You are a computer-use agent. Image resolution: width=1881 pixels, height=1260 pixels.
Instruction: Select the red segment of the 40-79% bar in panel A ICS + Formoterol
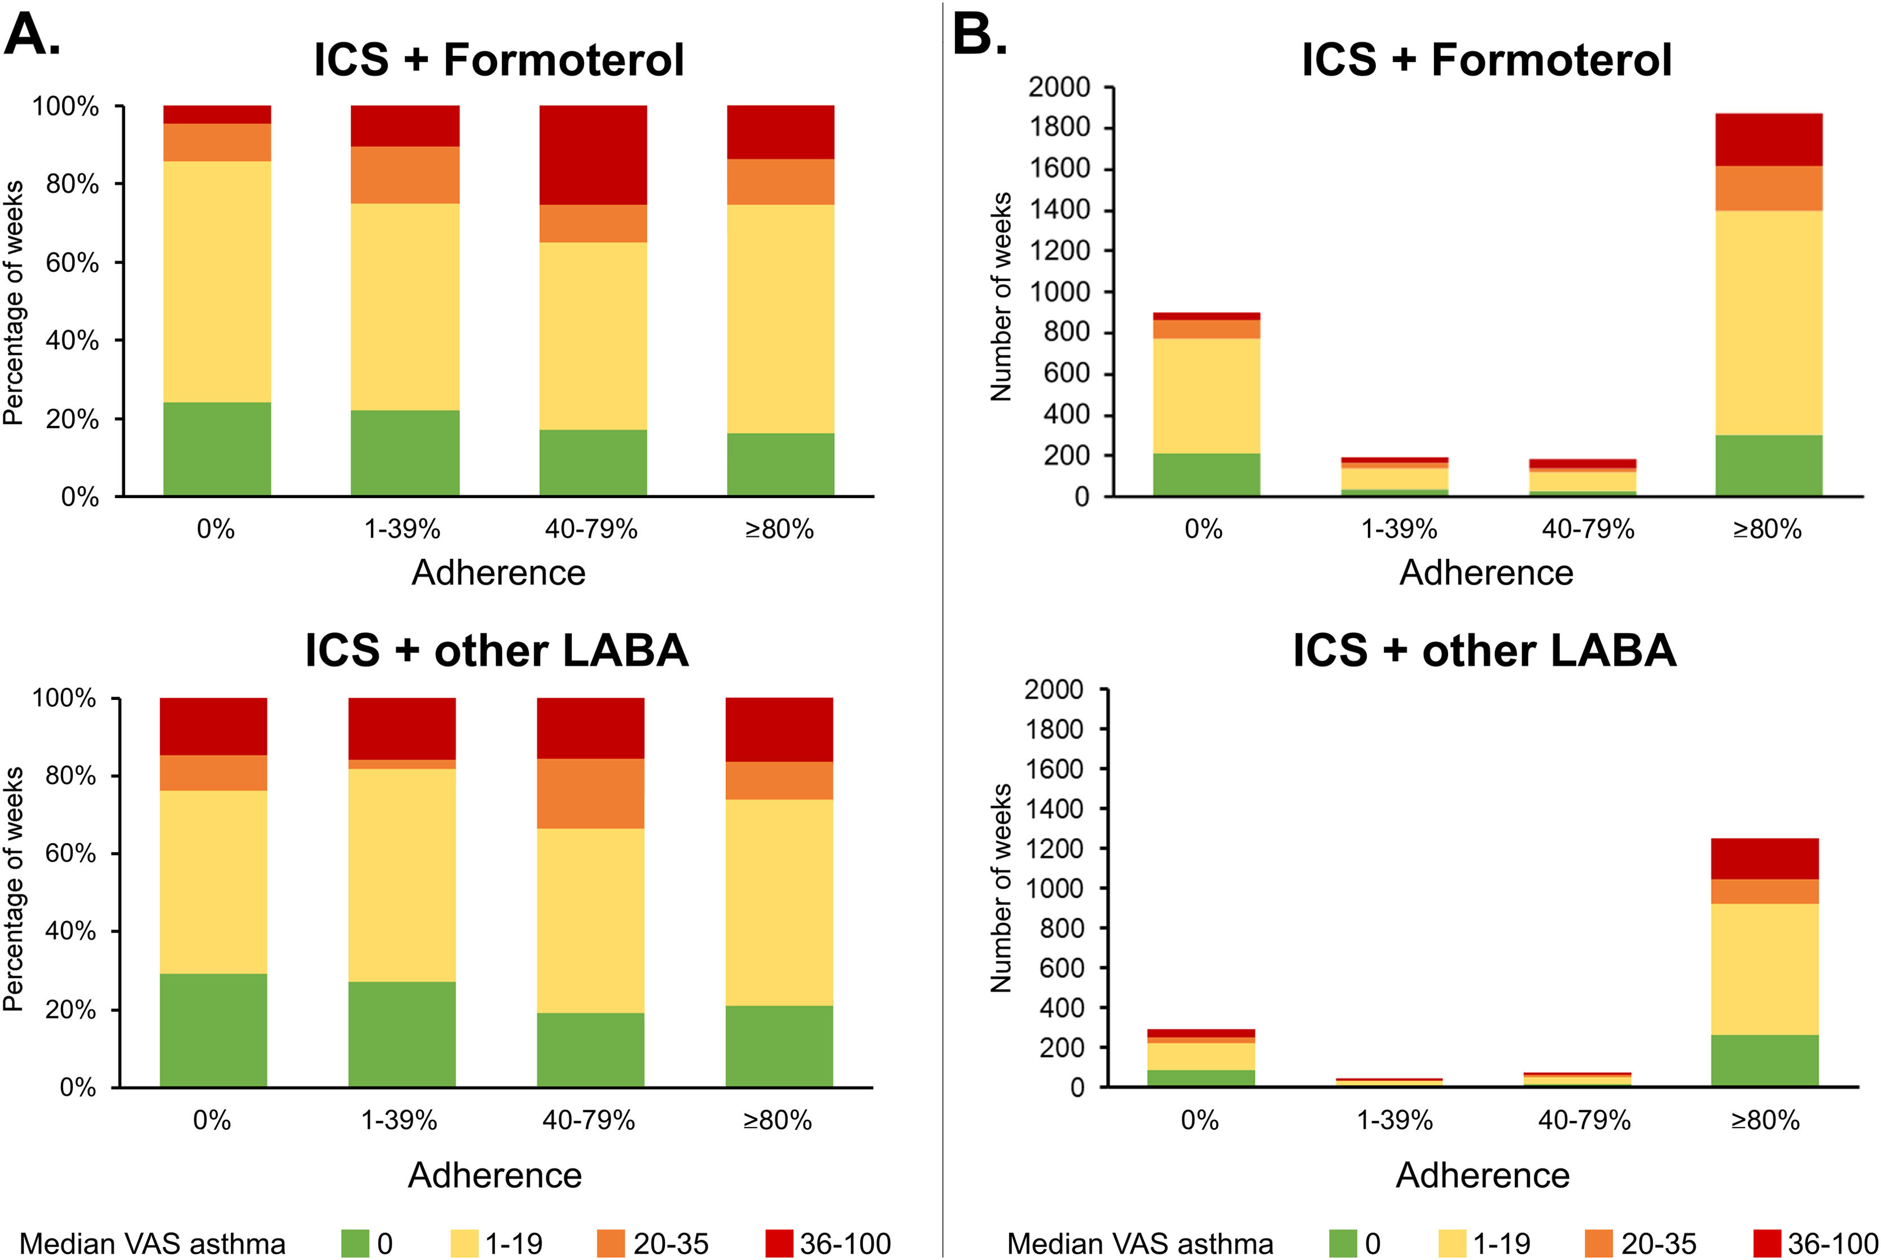(x=593, y=155)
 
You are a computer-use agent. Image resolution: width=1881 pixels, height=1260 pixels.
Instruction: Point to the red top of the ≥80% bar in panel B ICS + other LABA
(x=1765, y=859)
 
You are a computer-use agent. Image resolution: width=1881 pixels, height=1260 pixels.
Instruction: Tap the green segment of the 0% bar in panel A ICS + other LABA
(x=213, y=1030)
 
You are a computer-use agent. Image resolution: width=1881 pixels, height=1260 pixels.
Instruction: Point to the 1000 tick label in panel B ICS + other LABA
(x=1054, y=888)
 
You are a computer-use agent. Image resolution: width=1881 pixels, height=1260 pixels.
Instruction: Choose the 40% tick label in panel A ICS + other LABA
(x=71, y=931)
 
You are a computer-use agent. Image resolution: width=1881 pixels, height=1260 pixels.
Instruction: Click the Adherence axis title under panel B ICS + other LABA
(x=1483, y=1175)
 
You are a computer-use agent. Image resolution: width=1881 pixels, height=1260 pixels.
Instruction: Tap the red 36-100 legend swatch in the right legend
(x=1768, y=1243)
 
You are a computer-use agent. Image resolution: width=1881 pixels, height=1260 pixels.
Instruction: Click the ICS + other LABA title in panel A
(x=497, y=650)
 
